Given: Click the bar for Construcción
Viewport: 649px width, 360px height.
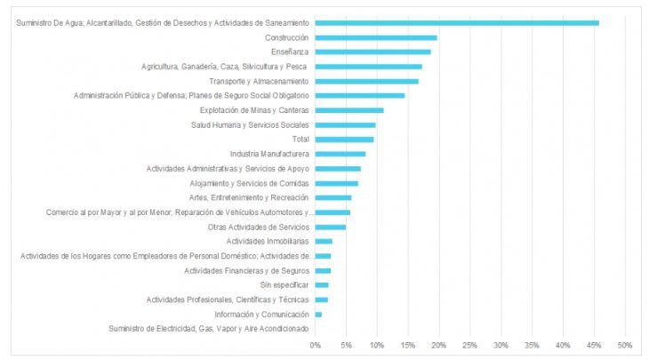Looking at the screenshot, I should coord(376,37).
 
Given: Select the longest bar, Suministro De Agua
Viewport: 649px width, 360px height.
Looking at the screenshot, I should coord(457,23).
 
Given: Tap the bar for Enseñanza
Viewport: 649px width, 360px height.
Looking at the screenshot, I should coord(373,52).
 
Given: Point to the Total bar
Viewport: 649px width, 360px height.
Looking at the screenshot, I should coord(345,140).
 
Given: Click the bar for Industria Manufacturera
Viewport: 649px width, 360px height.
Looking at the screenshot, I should coord(341,154).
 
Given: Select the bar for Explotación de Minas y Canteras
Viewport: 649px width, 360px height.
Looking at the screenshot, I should coord(349,110).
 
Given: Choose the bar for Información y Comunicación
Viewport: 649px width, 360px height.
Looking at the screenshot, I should coord(319,315).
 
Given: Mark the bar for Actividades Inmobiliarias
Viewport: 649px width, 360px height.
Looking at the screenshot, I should coord(324,241).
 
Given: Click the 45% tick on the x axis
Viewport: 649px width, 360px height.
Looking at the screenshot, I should coord(593,345).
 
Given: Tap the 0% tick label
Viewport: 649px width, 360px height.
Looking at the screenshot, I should coord(316,345).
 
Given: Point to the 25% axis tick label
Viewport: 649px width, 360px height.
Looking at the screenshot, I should coord(469,345).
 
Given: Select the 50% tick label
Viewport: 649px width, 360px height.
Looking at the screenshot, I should coord(624,345).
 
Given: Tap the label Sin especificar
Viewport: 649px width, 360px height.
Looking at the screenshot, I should coord(284,285).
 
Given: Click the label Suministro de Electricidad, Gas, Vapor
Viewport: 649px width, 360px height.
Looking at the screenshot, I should coord(209,329).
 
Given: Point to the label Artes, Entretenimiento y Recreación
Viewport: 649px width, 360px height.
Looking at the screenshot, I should coord(249,197).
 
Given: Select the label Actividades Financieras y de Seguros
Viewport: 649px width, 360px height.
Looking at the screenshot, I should coord(246,270).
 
